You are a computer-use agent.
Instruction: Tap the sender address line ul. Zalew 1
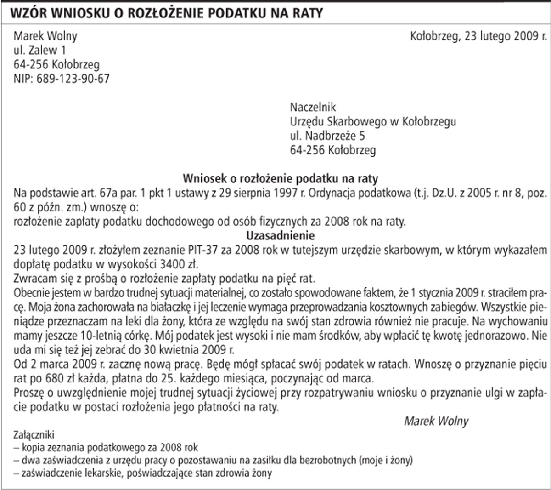[40, 50]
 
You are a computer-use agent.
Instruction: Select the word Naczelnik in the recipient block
[313, 108]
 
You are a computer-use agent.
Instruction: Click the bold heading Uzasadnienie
[280, 236]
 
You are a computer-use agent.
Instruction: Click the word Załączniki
[34, 434]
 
